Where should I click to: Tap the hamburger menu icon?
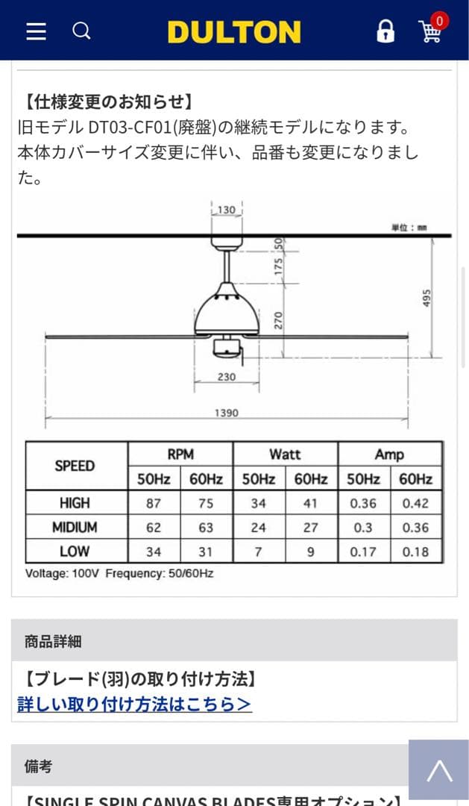click(36, 31)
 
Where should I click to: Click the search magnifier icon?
click(81, 31)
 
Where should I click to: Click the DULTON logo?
click(234, 32)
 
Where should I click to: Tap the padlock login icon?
click(385, 31)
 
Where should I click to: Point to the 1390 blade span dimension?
click(227, 413)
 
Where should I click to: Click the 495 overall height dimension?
click(427, 298)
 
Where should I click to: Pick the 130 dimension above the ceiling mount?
click(227, 210)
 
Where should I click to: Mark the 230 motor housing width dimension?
click(227, 377)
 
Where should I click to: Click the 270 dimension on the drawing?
click(278, 320)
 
